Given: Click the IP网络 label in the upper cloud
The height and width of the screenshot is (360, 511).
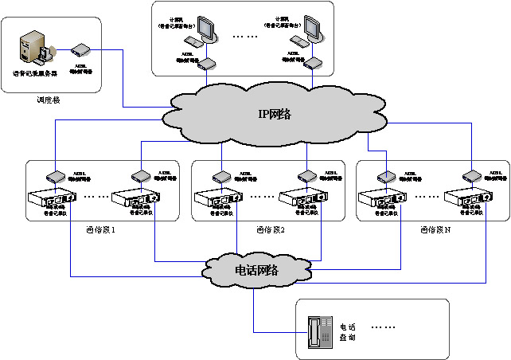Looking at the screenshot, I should pyautogui.click(x=274, y=114).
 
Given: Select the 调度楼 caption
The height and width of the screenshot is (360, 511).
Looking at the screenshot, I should pyautogui.click(x=48, y=100).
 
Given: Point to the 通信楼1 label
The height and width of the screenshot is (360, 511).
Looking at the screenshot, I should pyautogui.click(x=100, y=230).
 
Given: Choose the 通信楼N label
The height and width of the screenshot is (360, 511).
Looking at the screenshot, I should pyautogui.click(x=435, y=230).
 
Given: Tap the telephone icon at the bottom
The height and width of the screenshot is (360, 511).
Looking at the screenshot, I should pyautogui.click(x=318, y=329).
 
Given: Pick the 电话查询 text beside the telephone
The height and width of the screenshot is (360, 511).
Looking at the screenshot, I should pyautogui.click(x=348, y=332).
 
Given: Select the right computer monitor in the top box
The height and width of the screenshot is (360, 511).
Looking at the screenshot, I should pyautogui.click(x=314, y=28).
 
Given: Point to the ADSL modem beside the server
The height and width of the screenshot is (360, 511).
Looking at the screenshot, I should pyautogui.click(x=80, y=49).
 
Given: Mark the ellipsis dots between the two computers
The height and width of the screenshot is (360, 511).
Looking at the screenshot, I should pyautogui.click(x=245, y=37).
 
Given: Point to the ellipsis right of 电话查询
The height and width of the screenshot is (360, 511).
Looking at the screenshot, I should pyautogui.click(x=384, y=327).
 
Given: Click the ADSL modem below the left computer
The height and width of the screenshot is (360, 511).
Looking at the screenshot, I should pyautogui.click(x=205, y=63).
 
